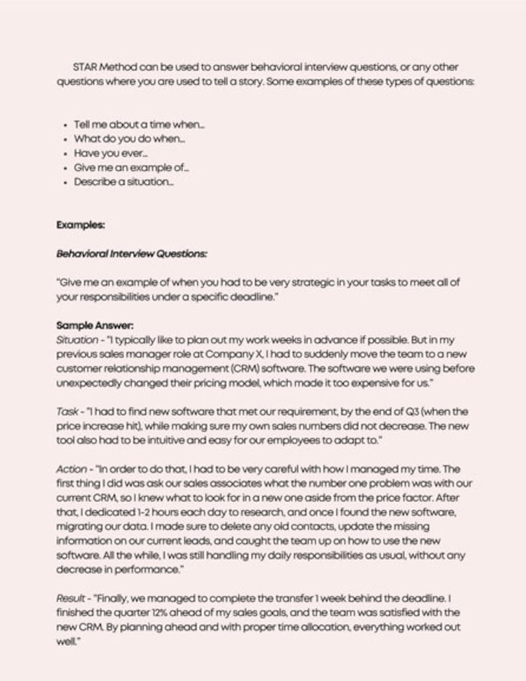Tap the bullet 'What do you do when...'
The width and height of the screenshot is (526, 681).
(x=129, y=139)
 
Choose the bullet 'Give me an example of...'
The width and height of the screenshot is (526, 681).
(x=122, y=168)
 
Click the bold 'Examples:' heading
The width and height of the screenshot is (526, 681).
(x=81, y=225)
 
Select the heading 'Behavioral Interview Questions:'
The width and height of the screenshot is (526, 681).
(x=132, y=254)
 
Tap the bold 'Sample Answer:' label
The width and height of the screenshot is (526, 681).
(x=95, y=326)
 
